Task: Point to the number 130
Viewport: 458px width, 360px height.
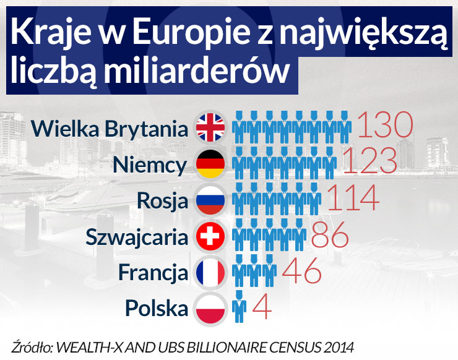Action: [x=385, y=126]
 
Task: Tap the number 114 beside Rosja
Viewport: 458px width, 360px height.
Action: [x=352, y=197]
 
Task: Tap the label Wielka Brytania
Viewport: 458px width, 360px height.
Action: [x=109, y=129]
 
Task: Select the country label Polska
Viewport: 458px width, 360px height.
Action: [x=156, y=307]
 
